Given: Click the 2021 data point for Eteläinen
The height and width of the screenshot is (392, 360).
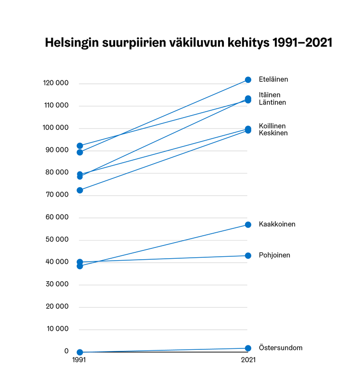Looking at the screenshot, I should coord(248,80).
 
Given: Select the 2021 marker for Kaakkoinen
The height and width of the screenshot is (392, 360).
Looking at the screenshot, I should coord(248,224).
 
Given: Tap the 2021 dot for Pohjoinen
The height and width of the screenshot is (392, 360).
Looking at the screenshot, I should coord(248,255).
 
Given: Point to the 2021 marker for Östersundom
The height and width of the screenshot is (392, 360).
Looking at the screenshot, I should coord(248,348).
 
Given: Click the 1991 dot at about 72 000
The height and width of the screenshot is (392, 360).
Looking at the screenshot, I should coord(80,190).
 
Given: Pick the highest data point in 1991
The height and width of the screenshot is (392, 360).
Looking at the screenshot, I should coord(80,146).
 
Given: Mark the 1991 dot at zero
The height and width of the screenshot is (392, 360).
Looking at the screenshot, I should coord(80,352).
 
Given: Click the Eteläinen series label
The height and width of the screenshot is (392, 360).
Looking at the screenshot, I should coord(273,79).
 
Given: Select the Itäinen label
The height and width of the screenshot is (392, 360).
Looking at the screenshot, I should coord(270,95).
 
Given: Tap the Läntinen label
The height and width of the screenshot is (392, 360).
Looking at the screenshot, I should coord(272,102).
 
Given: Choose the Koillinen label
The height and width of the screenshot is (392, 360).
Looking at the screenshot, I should coord(272,125).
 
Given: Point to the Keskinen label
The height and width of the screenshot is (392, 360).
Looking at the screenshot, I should coord(273,133).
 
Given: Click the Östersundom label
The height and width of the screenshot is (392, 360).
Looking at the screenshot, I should coord(281,348).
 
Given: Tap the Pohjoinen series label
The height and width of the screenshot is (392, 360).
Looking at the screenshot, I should coord(274,255).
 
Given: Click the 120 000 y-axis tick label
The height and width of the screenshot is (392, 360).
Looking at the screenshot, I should coord(56,83).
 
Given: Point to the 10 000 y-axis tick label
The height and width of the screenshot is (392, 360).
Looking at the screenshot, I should coord(58,329).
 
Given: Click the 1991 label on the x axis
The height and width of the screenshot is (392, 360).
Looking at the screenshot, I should coord(80,360).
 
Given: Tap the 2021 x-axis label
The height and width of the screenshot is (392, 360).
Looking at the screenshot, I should coord(248,360).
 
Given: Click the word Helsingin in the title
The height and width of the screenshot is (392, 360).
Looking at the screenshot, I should coord(74,43).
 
